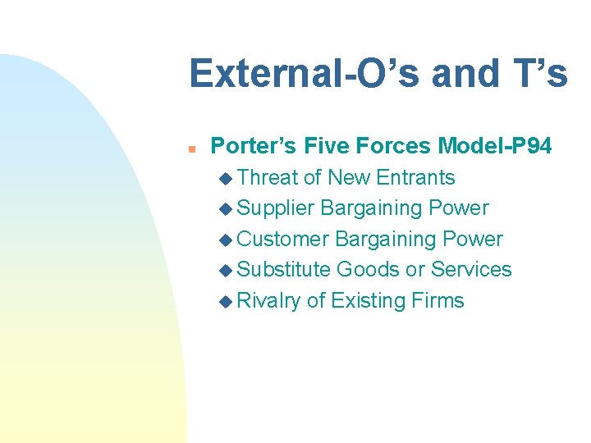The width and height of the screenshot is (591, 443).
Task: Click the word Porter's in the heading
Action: point(254,146)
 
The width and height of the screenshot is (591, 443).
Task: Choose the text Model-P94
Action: point(495,146)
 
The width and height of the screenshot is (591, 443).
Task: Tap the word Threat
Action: point(267,177)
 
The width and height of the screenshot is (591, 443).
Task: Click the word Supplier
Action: point(276,208)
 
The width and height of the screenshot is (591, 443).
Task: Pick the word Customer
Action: point(283,239)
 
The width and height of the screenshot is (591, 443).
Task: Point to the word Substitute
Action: point(283,269)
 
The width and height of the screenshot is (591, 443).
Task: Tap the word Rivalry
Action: point(268,300)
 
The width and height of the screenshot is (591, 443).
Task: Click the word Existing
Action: point(368,300)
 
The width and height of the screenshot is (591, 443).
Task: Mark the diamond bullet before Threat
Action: point(227,178)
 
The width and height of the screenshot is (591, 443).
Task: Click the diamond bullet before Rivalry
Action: point(227,301)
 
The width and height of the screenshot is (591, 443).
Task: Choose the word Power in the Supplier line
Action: point(459,208)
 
